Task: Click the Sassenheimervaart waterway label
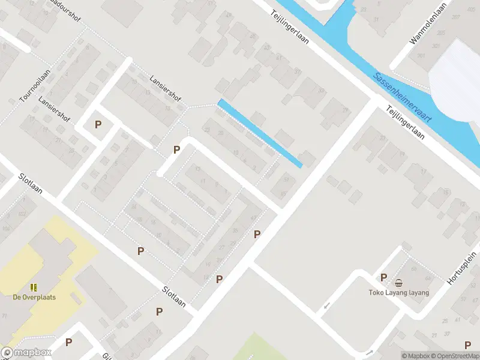point(403,98)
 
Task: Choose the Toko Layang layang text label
point(399,293)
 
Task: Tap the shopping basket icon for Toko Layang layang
point(398,283)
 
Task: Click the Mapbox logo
point(26,353)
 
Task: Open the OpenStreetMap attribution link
point(455,356)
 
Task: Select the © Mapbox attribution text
point(416,356)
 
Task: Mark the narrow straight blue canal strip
point(259,133)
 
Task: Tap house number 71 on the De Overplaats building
point(4,315)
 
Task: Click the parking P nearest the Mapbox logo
point(69,342)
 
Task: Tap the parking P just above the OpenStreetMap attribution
point(467,344)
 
